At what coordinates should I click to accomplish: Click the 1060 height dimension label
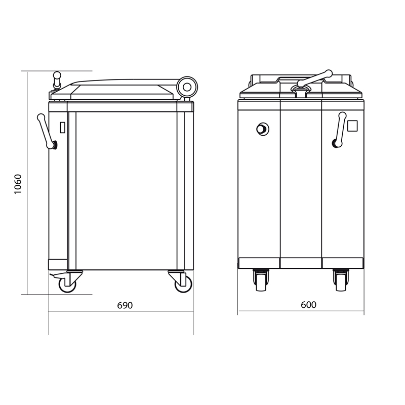pyautogui.click(x=18, y=184)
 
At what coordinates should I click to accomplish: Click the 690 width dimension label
pyautogui.click(x=125, y=305)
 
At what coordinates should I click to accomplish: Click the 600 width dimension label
pyautogui.click(x=308, y=305)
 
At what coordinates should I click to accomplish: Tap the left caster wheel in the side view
pyautogui.click(x=67, y=284)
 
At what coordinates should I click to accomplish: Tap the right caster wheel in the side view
pyautogui.click(x=183, y=284)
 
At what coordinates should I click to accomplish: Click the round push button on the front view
pyautogui.click(x=262, y=129)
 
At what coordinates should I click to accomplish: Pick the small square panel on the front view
pyautogui.click(x=352, y=126)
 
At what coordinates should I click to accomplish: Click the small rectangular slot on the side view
pyautogui.click(x=62, y=128)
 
